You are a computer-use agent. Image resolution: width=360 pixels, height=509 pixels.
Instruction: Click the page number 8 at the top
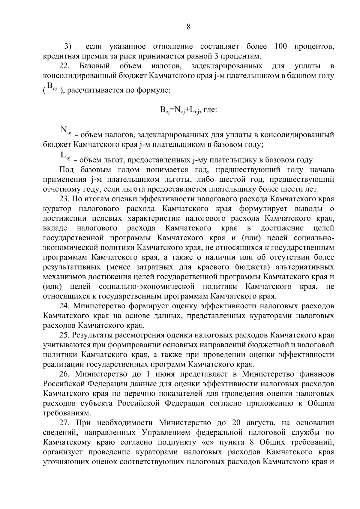(x=188, y=27)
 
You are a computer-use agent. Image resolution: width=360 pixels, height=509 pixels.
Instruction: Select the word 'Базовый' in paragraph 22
(x=95, y=66)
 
